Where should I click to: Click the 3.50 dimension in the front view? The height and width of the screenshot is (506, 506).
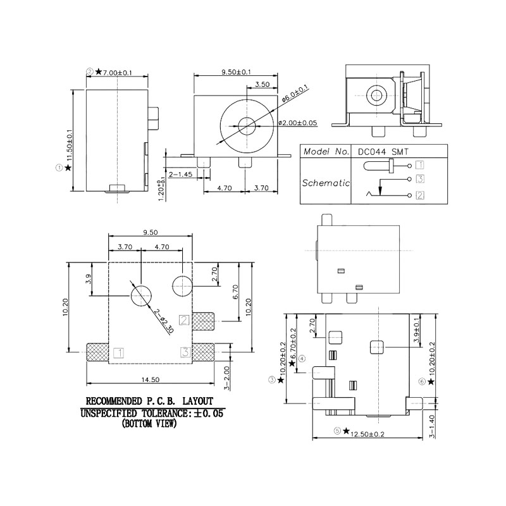[263, 84]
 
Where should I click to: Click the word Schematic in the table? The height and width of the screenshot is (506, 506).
[325, 183]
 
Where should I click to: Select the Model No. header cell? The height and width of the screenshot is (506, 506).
[325, 152]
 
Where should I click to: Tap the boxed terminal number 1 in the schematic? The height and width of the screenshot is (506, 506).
[419, 166]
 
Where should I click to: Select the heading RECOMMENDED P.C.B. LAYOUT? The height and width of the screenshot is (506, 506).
[150, 401]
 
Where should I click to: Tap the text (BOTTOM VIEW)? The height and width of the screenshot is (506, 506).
[149, 424]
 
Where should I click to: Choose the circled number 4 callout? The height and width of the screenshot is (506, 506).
[302, 358]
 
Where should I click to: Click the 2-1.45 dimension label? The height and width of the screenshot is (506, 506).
[180, 173]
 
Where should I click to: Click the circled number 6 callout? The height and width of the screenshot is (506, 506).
[422, 381]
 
